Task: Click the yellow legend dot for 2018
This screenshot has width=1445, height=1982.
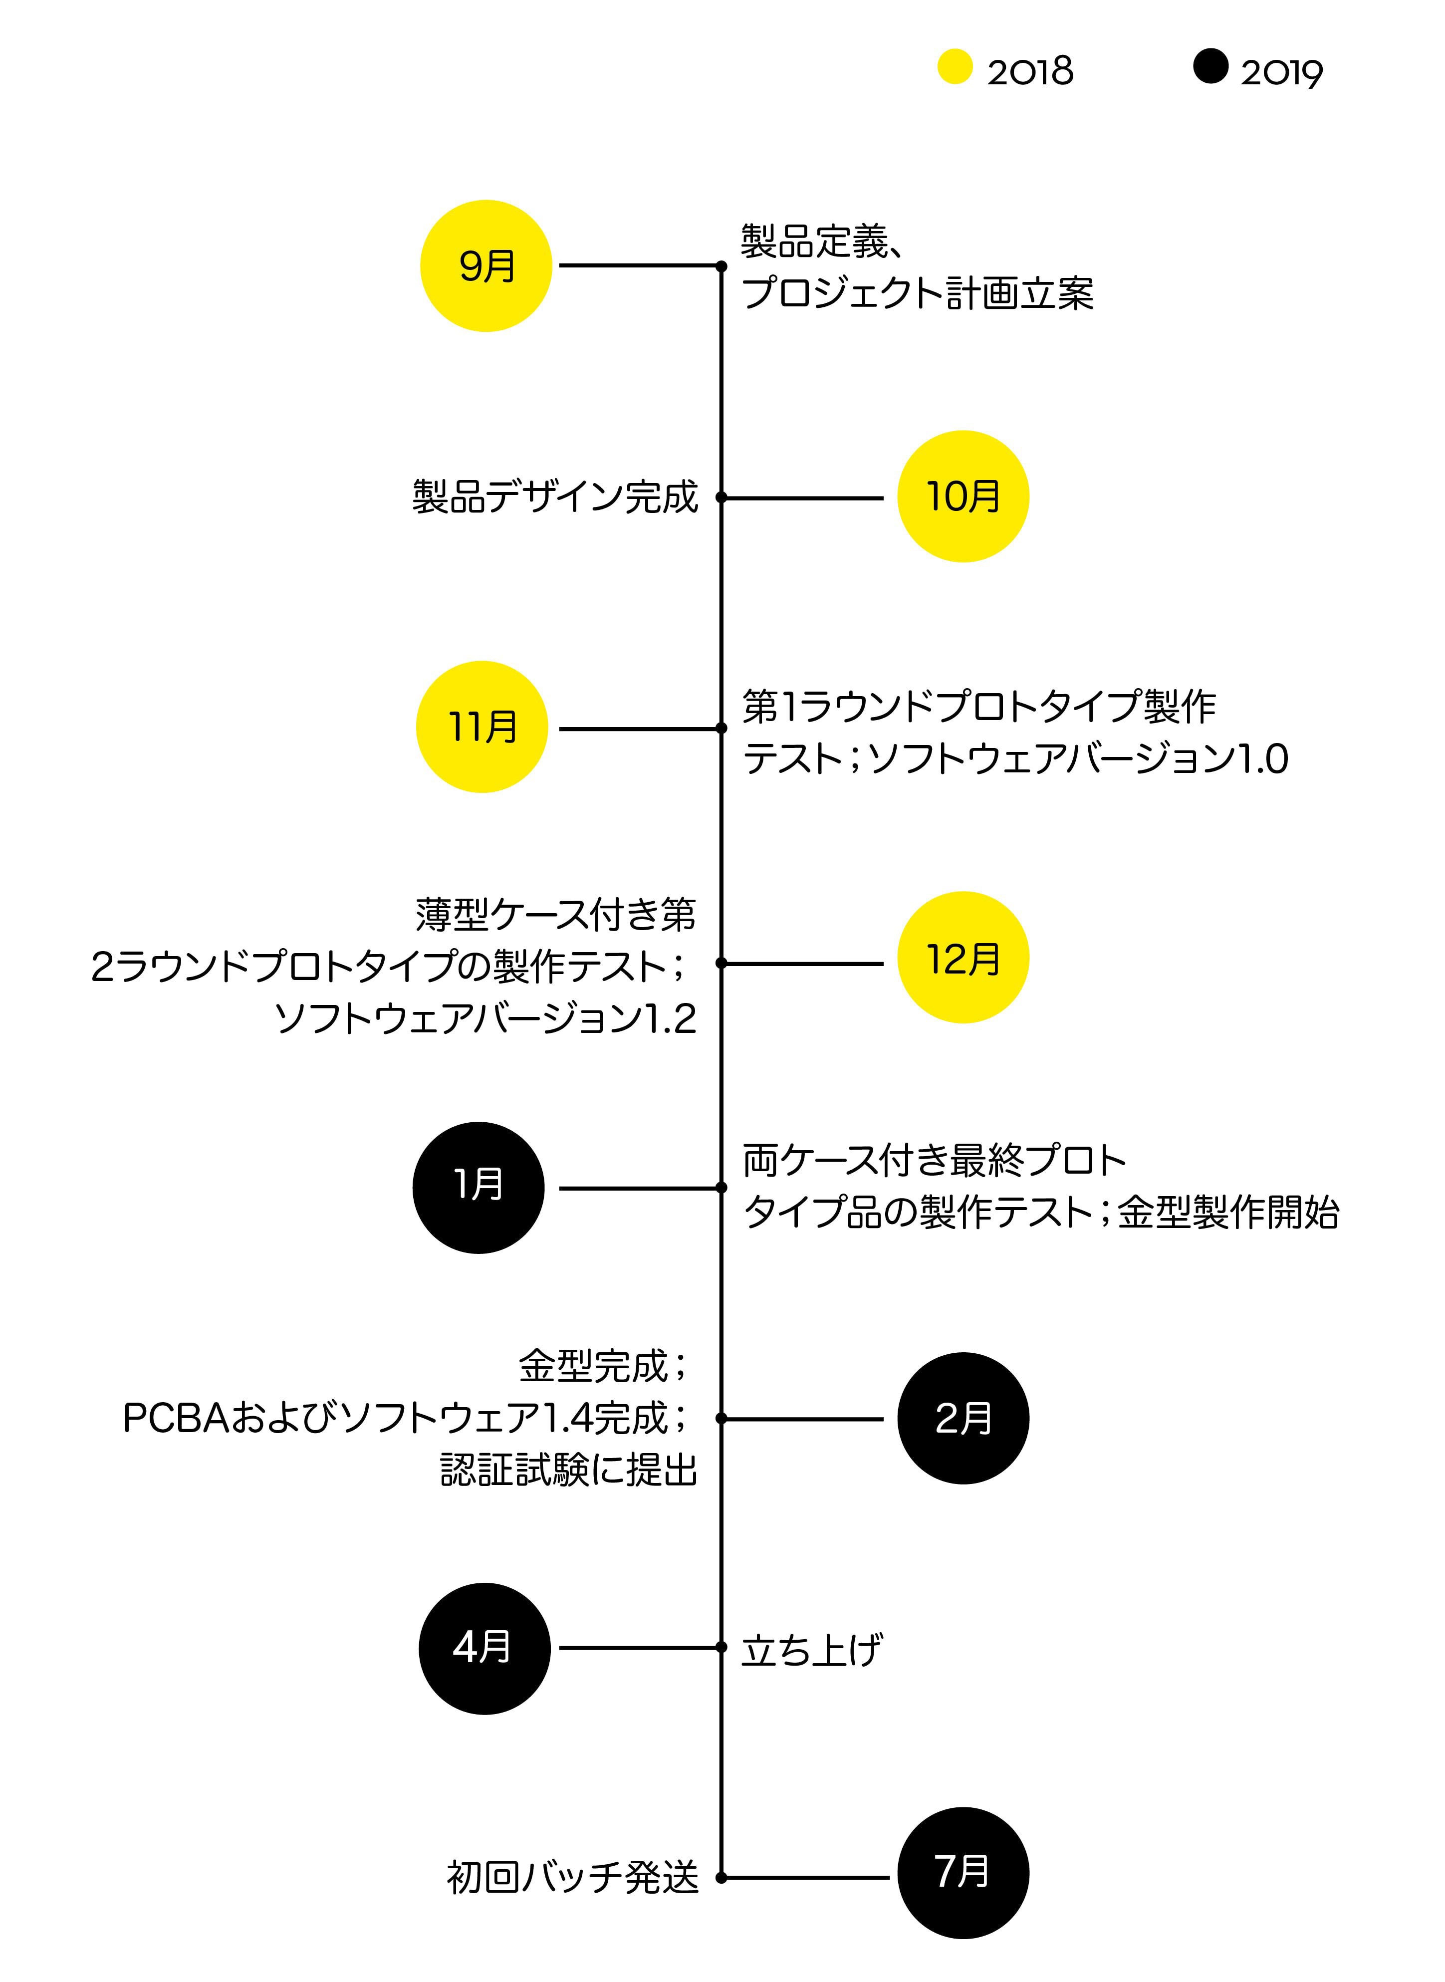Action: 955,66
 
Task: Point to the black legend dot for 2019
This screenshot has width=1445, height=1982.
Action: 1209,66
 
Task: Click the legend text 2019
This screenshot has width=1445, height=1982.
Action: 1281,72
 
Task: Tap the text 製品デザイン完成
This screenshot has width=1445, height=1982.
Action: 555,497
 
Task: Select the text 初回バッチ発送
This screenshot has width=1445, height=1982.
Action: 573,1878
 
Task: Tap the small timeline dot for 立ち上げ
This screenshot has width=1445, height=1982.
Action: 722,1648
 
